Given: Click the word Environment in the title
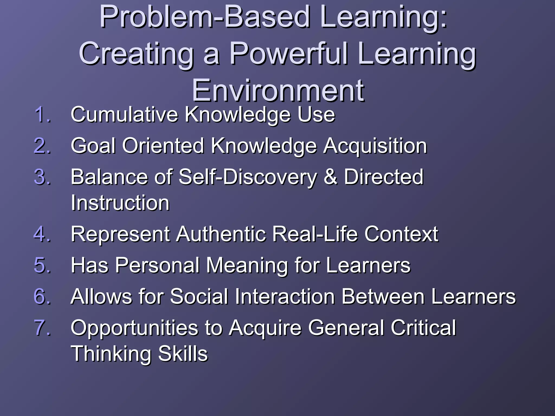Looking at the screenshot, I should [x=278, y=90].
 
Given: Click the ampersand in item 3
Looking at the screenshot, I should [x=330, y=177].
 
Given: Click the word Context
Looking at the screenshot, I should [x=401, y=234].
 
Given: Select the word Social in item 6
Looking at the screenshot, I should [x=199, y=297].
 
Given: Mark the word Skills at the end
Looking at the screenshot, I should [x=183, y=353].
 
